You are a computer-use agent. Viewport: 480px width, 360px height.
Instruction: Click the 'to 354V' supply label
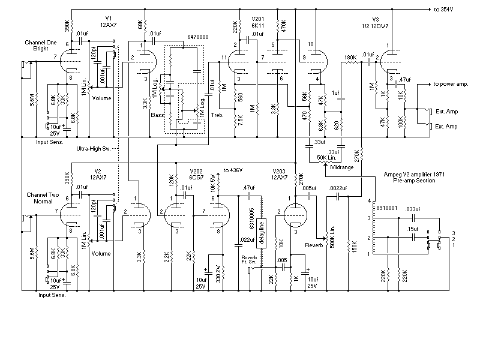pos(443,10)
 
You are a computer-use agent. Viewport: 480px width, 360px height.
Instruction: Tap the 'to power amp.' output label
pos(451,84)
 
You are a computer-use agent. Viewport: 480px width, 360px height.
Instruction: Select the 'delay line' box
pos(262,233)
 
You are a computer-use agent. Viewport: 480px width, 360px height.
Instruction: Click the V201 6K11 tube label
pos(258,22)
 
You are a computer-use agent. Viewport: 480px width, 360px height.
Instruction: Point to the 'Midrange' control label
pos(342,167)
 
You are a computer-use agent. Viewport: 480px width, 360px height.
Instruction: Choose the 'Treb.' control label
pos(217,115)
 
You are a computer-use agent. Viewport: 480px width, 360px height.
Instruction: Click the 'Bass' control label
pos(157,115)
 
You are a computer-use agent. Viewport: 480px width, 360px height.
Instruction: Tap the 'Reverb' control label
pos(314,245)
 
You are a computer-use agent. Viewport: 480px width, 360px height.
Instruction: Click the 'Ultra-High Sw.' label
pos(94,149)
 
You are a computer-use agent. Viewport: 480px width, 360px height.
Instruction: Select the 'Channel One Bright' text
pos(41,46)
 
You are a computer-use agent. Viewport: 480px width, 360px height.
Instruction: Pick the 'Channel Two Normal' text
pos(43,198)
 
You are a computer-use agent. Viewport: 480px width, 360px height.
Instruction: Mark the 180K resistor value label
pos(350,57)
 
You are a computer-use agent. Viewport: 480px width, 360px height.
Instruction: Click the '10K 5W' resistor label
pos(213,183)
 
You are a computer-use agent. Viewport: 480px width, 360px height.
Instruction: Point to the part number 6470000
pos(198,37)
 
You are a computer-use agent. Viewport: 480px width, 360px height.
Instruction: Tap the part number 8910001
pos(386,208)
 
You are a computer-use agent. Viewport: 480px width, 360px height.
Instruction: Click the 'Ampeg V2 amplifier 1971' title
pos(414,175)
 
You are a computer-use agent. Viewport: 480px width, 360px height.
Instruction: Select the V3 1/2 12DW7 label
pos(376,23)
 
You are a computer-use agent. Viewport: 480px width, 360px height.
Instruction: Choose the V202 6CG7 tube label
pos(196,175)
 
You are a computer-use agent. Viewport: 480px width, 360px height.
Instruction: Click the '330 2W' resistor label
pos(218,274)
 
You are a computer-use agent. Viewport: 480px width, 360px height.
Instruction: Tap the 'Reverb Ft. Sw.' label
pos(249,260)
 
